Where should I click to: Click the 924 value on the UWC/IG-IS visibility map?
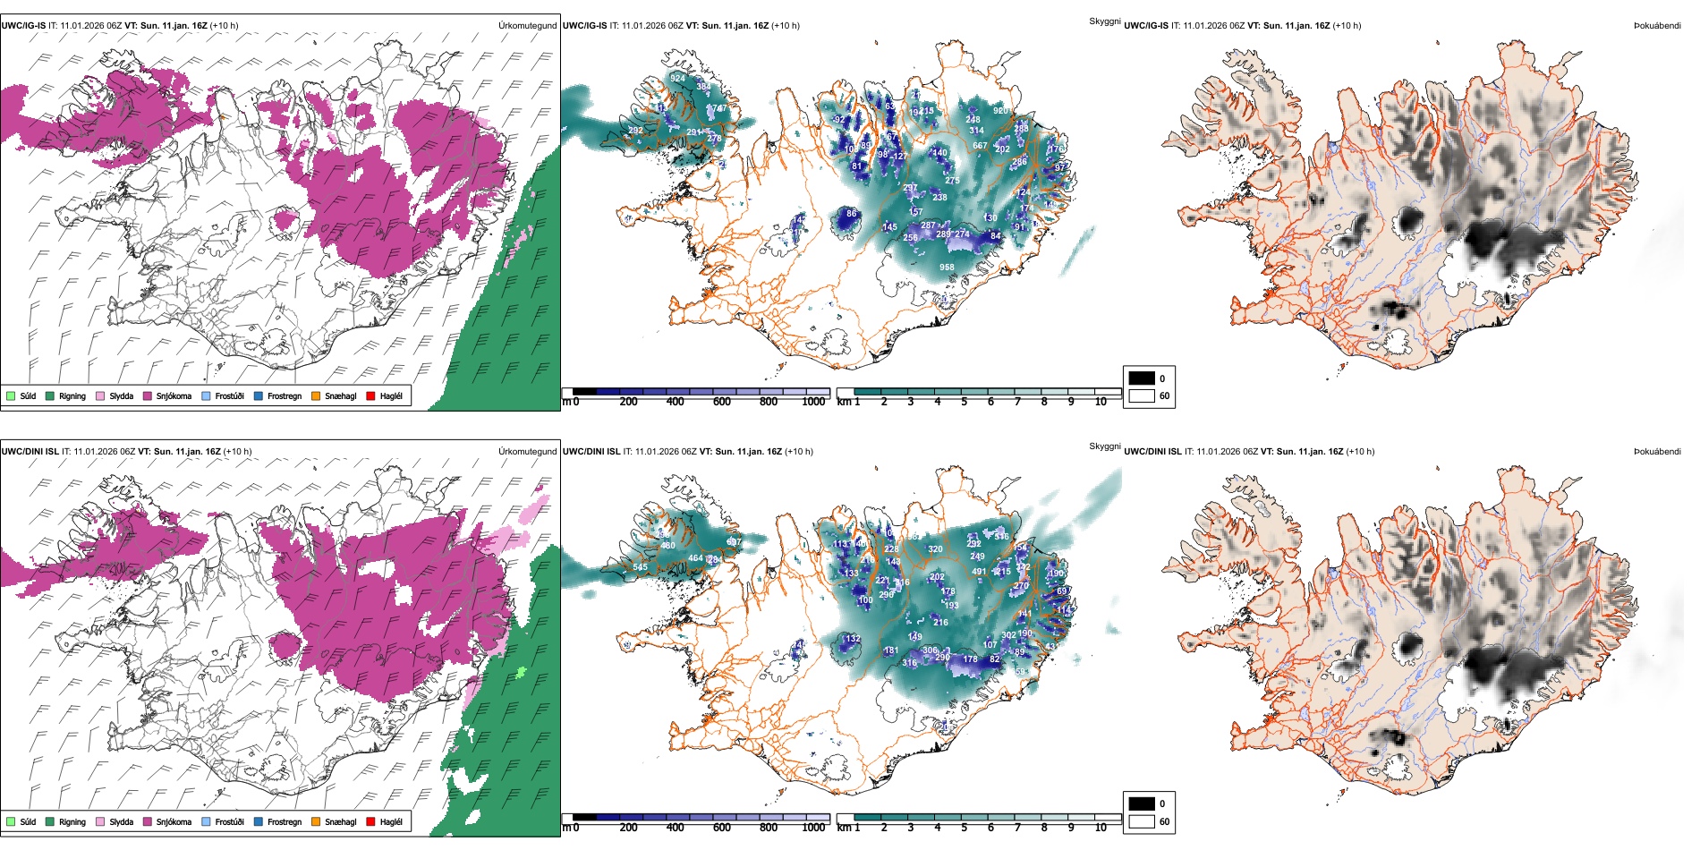pyautogui.click(x=678, y=79)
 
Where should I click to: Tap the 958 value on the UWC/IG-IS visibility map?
pyautogui.click(x=947, y=268)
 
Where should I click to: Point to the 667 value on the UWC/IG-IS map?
pyautogui.click(x=980, y=146)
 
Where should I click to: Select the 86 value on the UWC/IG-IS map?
pyautogui.click(x=852, y=214)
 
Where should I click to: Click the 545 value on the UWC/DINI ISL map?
pyautogui.click(x=640, y=567)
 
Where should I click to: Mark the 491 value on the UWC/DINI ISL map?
pyautogui.click(x=979, y=572)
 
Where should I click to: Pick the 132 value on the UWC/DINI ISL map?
pyautogui.click(x=853, y=639)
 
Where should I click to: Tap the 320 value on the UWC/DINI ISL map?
pyautogui.click(x=935, y=550)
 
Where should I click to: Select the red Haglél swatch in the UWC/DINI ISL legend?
pyautogui.click(x=371, y=821)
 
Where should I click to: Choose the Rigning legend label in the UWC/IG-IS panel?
pyautogui.click(x=72, y=396)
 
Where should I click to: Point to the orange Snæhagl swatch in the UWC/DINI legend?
pyautogui.click(x=316, y=821)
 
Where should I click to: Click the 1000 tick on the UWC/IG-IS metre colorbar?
pyautogui.click(x=813, y=403)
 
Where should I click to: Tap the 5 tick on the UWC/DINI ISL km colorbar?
pyautogui.click(x=964, y=828)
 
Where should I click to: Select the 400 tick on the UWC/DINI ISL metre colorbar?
pyautogui.click(x=676, y=828)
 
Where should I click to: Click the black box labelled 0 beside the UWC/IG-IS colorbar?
pyautogui.click(x=1142, y=378)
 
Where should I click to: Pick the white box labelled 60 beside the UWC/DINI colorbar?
pyautogui.click(x=1142, y=821)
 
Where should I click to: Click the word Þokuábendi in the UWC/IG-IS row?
pyautogui.click(x=1657, y=26)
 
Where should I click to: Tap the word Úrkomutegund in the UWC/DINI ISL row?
pyautogui.click(x=527, y=452)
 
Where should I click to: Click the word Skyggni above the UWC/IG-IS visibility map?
pyautogui.click(x=1104, y=21)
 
